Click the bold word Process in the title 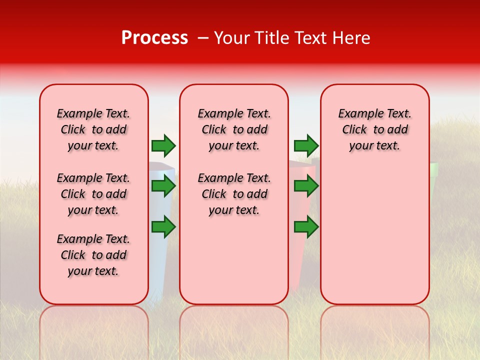coord(154,38)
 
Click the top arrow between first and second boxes coord(163,145)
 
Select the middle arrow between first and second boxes coord(163,186)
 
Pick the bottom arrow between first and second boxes coord(163,227)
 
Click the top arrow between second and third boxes coord(306,145)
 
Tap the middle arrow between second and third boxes coord(306,186)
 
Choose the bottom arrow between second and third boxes coord(306,227)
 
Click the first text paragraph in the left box coord(93,129)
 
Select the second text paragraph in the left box coord(93,194)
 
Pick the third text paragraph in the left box coord(93,255)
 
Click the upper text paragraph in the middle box coord(234,129)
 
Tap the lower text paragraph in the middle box coord(234,194)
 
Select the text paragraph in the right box coord(374,129)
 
